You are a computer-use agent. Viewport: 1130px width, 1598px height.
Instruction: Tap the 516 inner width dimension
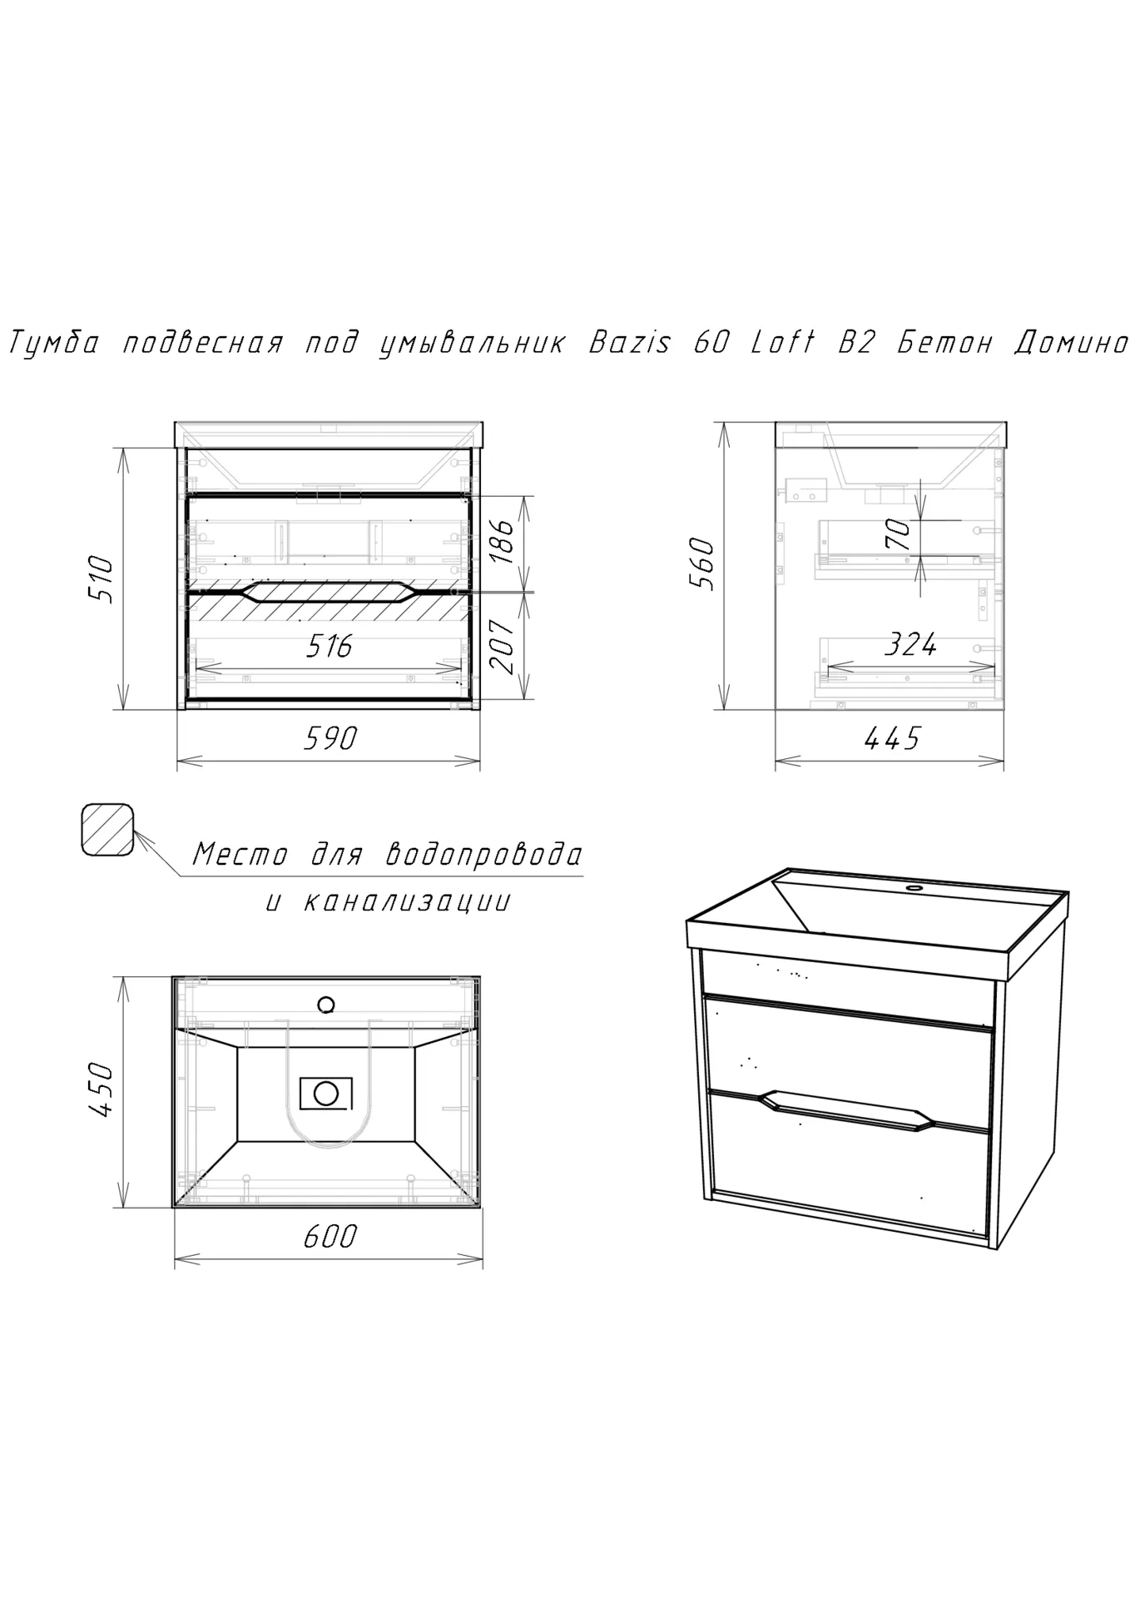click(330, 645)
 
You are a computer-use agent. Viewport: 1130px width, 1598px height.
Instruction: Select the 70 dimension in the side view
click(898, 533)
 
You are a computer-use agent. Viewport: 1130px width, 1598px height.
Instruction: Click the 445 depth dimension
click(892, 737)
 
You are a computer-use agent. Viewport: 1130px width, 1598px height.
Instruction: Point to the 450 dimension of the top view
click(99, 1089)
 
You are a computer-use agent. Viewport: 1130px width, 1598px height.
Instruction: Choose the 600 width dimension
click(330, 1236)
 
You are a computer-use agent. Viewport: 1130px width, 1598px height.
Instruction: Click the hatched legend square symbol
click(107, 830)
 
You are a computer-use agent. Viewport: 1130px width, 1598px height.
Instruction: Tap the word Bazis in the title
click(629, 342)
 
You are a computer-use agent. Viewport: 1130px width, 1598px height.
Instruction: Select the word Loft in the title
click(782, 342)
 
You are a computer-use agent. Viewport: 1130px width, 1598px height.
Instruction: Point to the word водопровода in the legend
click(484, 855)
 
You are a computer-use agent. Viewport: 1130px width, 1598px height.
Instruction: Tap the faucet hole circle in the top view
click(326, 1005)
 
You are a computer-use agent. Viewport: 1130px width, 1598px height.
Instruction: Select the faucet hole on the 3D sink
click(916, 889)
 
